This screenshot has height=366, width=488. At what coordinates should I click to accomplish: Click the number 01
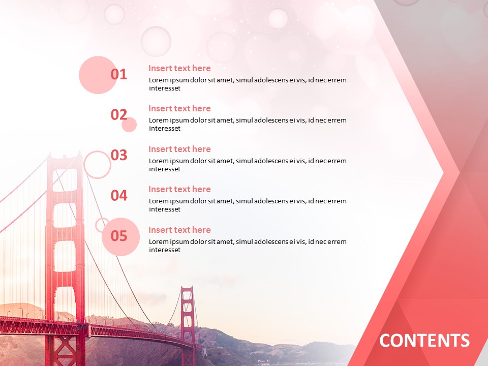(x=119, y=74)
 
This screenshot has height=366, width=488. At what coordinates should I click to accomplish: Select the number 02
(x=119, y=114)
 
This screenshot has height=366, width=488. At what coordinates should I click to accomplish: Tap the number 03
(x=119, y=155)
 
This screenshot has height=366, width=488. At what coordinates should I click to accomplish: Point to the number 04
(x=119, y=195)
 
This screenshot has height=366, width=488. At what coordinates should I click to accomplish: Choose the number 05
(x=119, y=236)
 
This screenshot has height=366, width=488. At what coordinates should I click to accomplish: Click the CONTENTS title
(x=424, y=340)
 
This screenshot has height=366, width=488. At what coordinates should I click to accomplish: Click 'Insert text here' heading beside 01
(x=179, y=68)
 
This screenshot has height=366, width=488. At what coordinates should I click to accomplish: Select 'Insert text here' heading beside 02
(x=179, y=108)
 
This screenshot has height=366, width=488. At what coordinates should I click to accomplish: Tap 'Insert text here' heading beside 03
(x=179, y=149)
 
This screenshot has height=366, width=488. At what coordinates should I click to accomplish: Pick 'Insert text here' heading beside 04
(x=179, y=189)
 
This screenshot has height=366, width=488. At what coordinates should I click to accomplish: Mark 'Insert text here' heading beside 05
(x=179, y=230)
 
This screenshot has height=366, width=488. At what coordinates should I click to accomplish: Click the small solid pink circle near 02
(x=130, y=125)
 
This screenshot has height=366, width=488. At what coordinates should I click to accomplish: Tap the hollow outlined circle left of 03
(x=97, y=165)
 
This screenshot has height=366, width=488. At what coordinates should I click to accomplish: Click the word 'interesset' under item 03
(x=165, y=169)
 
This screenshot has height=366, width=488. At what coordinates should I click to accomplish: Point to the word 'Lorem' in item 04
(x=159, y=201)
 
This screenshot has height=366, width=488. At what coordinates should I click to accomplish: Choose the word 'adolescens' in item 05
(x=262, y=241)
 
